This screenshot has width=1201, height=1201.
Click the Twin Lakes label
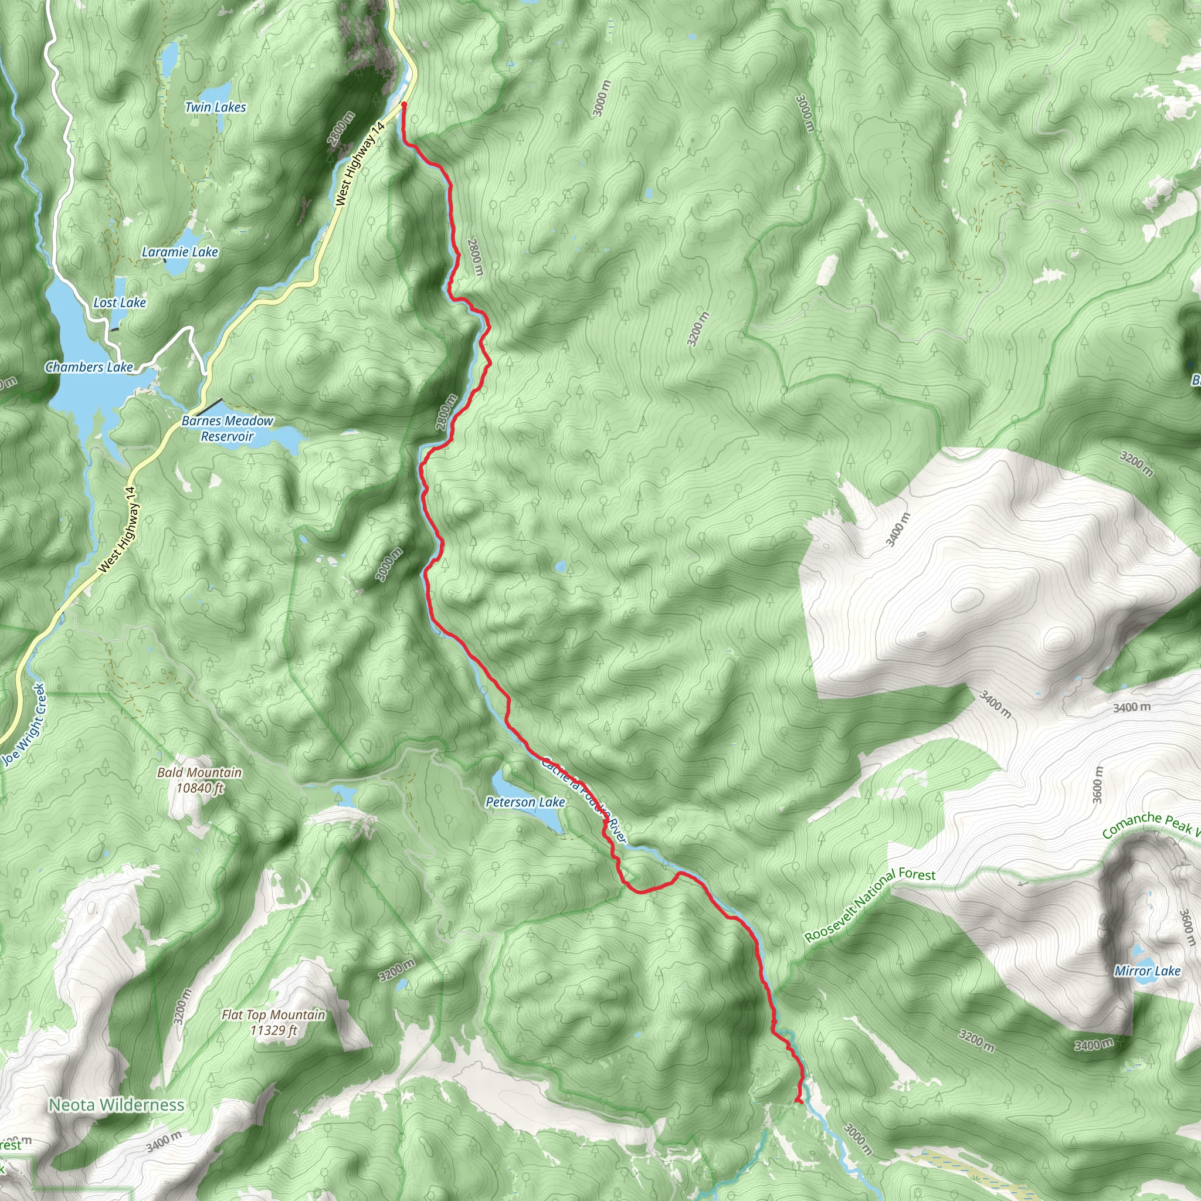click(x=215, y=107)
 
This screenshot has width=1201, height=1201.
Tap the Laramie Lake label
click(x=179, y=252)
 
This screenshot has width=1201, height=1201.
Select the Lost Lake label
click(x=120, y=303)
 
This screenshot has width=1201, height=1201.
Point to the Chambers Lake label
click(x=89, y=367)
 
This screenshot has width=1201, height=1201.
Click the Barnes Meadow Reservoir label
click(x=227, y=428)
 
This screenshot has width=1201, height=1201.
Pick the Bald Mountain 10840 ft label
click(x=199, y=780)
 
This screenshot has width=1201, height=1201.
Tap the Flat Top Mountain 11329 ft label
click(x=273, y=1023)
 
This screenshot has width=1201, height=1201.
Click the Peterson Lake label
click(x=525, y=803)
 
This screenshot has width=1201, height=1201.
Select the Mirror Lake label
click(x=1147, y=971)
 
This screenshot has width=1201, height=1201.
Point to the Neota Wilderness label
click(x=116, y=1105)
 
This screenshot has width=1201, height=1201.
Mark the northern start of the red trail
click(x=404, y=104)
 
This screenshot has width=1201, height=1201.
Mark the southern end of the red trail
click(x=797, y=1101)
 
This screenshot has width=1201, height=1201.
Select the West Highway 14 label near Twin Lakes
click(x=360, y=164)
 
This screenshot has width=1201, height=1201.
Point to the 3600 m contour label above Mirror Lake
click(x=1097, y=785)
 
